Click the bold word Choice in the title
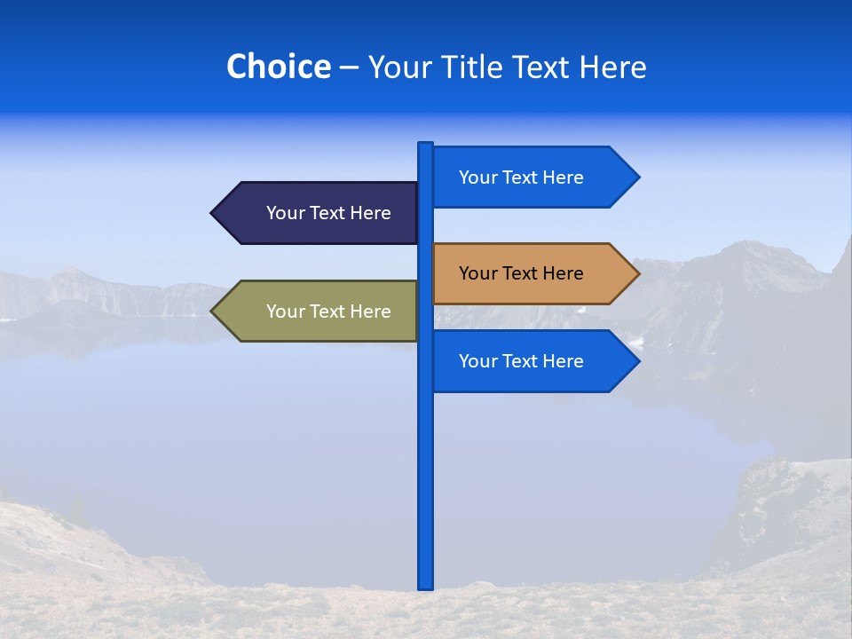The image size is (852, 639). click(x=278, y=67)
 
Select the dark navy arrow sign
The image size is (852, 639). click(x=319, y=213)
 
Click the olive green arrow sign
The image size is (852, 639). click(x=319, y=312)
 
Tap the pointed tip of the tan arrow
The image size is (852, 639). click(x=637, y=273)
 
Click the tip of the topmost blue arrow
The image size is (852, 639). click(x=637, y=177)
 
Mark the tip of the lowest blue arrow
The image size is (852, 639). click(x=637, y=361)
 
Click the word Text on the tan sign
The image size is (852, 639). click(x=521, y=273)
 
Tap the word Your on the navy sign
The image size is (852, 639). click(x=285, y=213)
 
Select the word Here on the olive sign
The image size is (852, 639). click(x=370, y=312)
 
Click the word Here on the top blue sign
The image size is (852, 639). click(x=563, y=177)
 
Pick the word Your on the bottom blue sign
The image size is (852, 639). click(x=477, y=361)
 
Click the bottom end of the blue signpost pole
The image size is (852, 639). click(x=426, y=587)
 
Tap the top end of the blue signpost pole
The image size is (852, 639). click(x=426, y=145)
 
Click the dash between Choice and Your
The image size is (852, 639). click(x=349, y=67)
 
